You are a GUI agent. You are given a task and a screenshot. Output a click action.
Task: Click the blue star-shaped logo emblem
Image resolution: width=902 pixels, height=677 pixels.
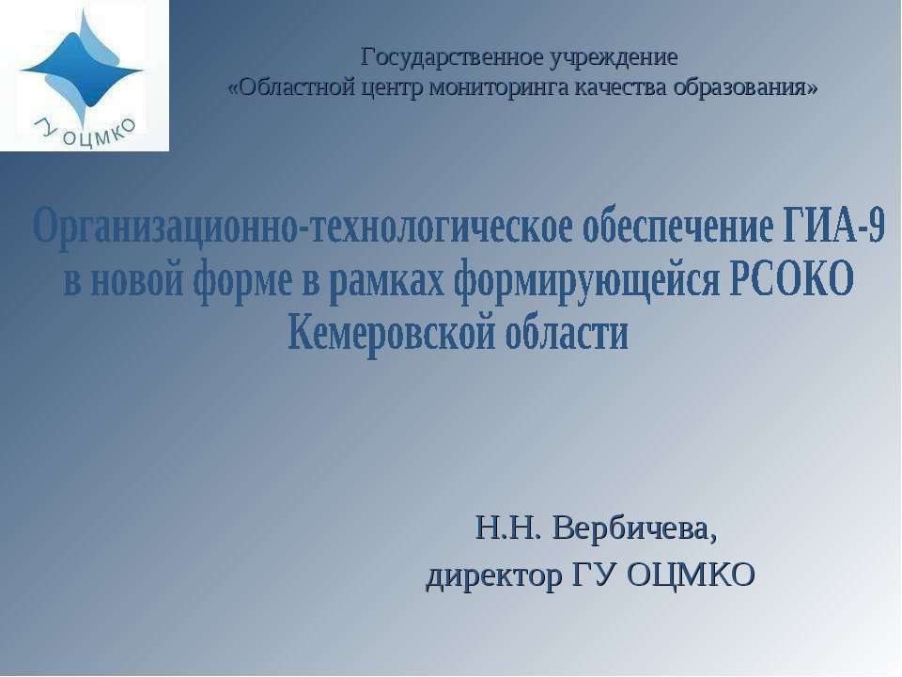pos(81,66)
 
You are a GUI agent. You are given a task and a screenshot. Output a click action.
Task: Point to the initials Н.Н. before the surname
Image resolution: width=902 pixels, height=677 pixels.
pos(507,529)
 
